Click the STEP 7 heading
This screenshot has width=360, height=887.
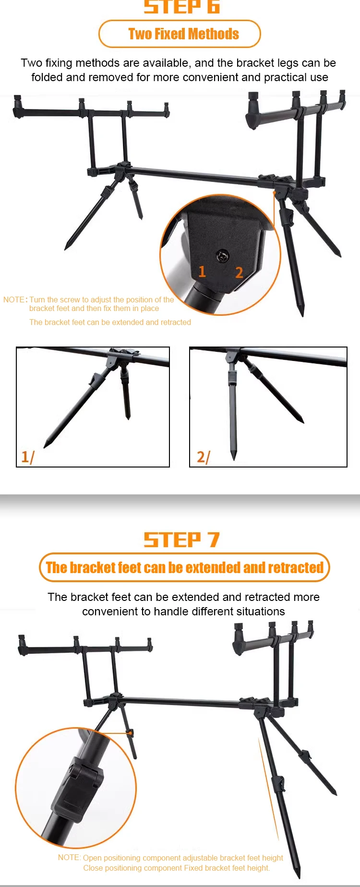pos(181,540)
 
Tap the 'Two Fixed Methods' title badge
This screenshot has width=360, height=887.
pos(180,34)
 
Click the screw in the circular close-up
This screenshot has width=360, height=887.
pos(222,256)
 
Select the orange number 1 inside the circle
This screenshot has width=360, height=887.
pos(202,272)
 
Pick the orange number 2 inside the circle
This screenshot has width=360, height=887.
pos(239,273)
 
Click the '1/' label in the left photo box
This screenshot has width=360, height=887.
pos(28,456)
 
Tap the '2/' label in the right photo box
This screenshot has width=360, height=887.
pos(204,456)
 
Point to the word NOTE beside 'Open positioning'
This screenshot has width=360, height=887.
pos(69,857)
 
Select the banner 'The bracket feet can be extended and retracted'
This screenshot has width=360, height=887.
pos(184,567)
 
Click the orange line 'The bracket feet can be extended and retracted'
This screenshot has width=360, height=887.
pos(110,322)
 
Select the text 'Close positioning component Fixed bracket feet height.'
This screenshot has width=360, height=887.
pos(177,868)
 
